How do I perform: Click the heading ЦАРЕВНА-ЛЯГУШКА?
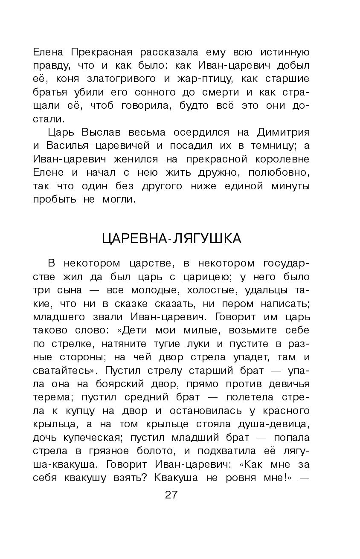click(x=171, y=239)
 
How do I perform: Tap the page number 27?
click(x=171, y=495)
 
